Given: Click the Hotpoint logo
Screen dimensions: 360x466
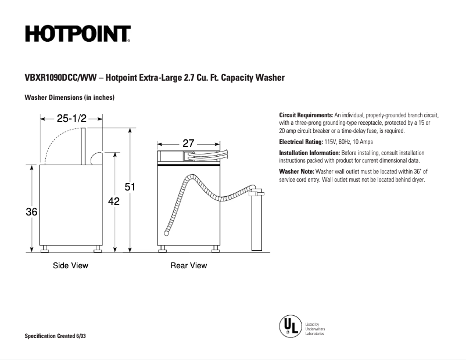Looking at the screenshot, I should pyautogui.click(x=77, y=34).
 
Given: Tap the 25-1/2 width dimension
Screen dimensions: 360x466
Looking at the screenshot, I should pyautogui.click(x=71, y=118).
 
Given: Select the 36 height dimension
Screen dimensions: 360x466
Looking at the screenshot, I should pyautogui.click(x=31, y=213).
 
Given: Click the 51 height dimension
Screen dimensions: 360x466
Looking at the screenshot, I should pyautogui.click(x=131, y=187).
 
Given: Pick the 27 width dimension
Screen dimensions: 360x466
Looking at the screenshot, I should pyautogui.click(x=188, y=143).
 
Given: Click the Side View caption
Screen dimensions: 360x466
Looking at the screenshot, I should pyautogui.click(x=70, y=265).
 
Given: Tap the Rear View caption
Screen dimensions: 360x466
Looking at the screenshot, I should pyautogui.click(x=188, y=265).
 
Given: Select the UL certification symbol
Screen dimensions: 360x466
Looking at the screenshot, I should pyautogui.click(x=289, y=326).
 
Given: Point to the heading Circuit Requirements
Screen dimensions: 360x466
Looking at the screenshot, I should pyautogui.click(x=306, y=115).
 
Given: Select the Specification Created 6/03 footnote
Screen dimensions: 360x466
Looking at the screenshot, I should pyautogui.click(x=59, y=337).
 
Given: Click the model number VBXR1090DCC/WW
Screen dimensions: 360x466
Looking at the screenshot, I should pyautogui.click(x=61, y=77).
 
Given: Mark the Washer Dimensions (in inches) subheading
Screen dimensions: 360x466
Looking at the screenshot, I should pyautogui.click(x=69, y=97).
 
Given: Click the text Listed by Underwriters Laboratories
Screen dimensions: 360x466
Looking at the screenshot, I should pyautogui.click(x=315, y=329).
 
